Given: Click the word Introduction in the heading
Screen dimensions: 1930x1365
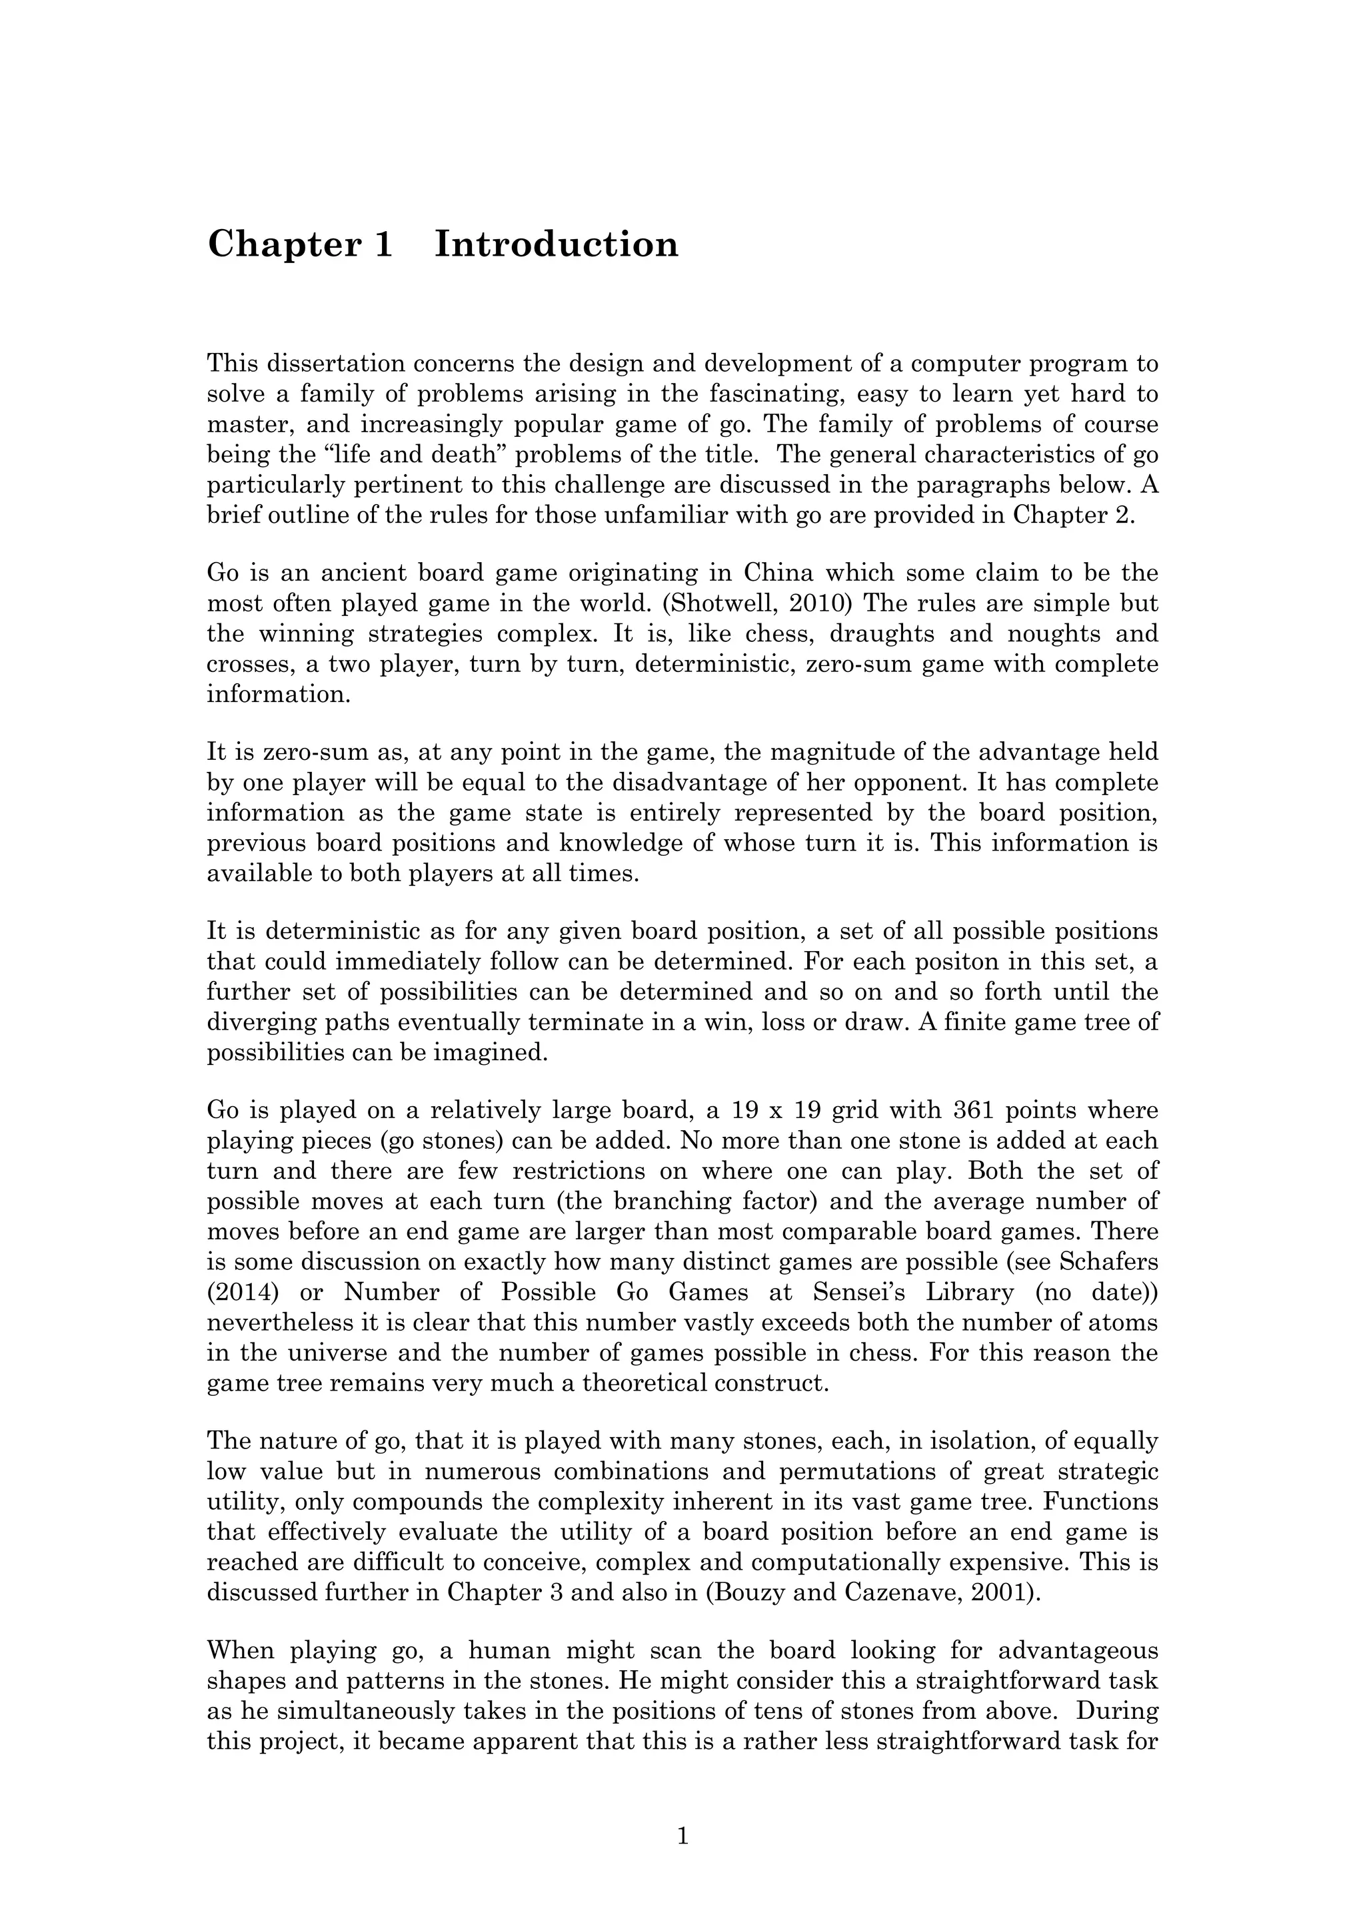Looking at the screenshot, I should click(x=556, y=244).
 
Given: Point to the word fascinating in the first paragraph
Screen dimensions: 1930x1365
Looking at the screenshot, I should click(x=781, y=394).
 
